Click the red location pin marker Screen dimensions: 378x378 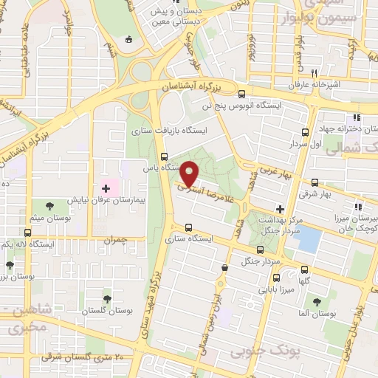click(190, 173)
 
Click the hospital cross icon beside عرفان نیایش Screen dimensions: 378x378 click(105, 189)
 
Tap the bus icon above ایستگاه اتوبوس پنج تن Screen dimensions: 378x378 click(241, 94)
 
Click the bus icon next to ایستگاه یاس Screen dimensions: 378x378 click(164, 157)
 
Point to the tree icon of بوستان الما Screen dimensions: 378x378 click(316, 302)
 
